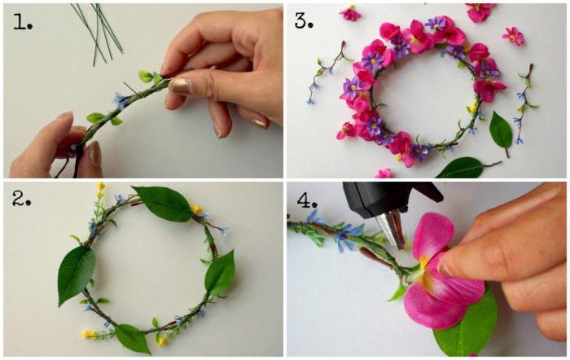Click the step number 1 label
(x=23, y=22)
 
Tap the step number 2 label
(x=22, y=199)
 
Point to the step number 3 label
(x=304, y=20)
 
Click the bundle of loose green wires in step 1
(x=98, y=33)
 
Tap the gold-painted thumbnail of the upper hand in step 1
(x=179, y=86)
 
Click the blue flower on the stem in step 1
(x=121, y=99)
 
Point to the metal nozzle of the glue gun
(x=391, y=229)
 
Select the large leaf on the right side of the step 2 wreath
(x=220, y=274)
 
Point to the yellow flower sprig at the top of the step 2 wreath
(x=101, y=193)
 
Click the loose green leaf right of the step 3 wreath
(x=501, y=132)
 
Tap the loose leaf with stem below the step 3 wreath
(x=465, y=167)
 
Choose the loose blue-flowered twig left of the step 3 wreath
(x=327, y=72)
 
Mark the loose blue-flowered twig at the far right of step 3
(x=525, y=103)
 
